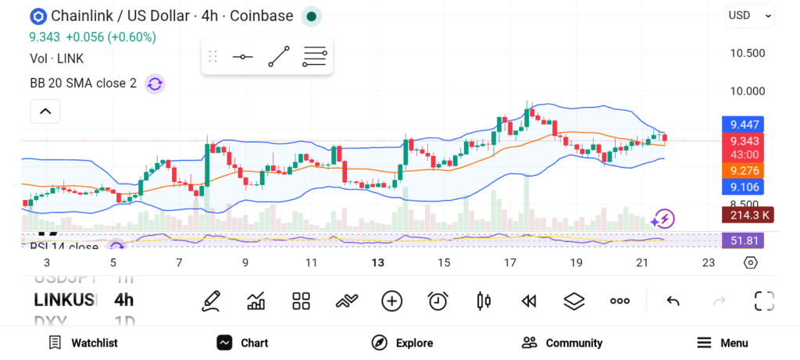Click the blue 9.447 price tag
click(x=743, y=124)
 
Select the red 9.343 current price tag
click(x=743, y=141)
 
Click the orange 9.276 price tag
click(x=743, y=170)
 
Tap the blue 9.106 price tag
click(x=743, y=187)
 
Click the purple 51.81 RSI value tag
click(x=743, y=241)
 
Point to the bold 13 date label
click(x=377, y=262)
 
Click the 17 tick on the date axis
click(x=510, y=262)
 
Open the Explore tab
click(x=402, y=343)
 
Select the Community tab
click(x=562, y=343)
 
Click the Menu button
click(x=723, y=343)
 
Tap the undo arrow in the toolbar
click(x=673, y=301)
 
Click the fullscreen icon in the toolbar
click(x=764, y=301)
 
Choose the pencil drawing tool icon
click(x=210, y=301)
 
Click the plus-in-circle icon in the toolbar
click(x=391, y=301)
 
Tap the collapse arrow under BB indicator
click(x=45, y=112)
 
